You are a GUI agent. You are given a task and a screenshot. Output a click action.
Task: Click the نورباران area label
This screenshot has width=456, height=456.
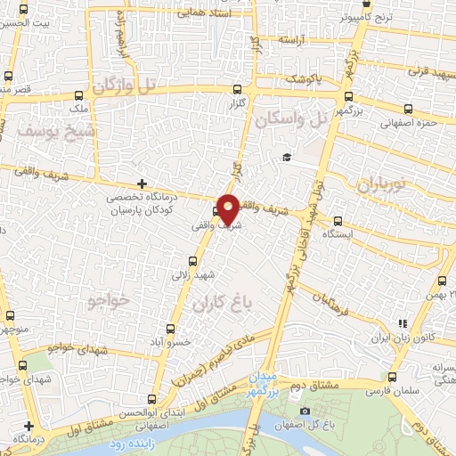[x=381, y=184]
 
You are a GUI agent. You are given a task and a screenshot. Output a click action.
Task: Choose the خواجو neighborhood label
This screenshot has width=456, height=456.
[x=110, y=300]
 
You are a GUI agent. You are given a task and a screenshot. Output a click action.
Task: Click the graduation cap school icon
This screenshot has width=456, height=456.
[x=287, y=158]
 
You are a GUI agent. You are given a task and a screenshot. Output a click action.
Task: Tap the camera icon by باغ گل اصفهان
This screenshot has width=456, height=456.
[x=305, y=411]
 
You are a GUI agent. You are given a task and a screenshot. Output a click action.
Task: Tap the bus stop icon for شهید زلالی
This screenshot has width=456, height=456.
[x=193, y=262]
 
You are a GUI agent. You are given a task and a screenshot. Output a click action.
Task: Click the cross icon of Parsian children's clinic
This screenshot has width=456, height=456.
[x=142, y=183]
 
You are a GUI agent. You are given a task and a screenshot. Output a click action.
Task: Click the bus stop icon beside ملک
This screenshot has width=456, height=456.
[x=78, y=95]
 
